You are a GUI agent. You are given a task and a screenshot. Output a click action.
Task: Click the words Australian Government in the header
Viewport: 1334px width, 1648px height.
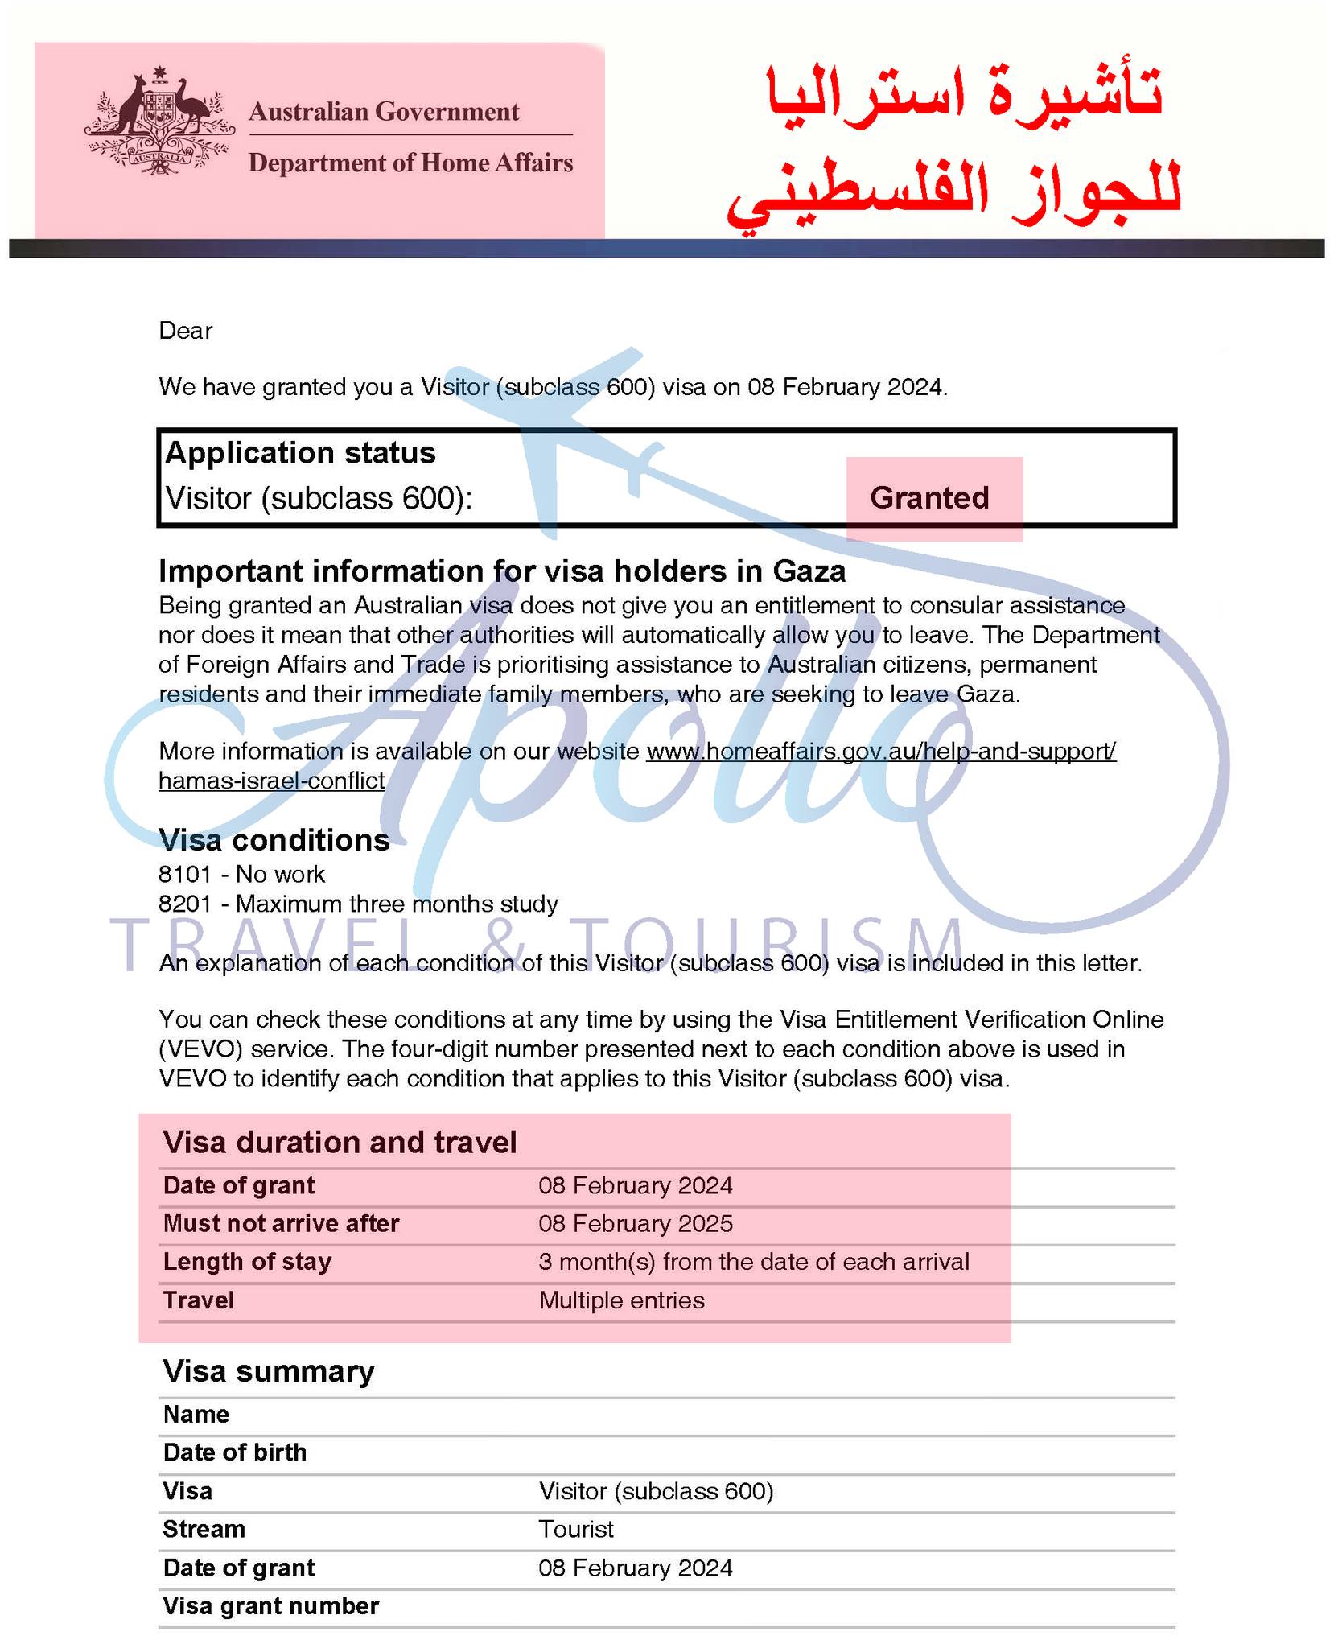click(x=384, y=111)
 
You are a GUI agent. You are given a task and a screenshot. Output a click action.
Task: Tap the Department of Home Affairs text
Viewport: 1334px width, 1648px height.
click(x=410, y=163)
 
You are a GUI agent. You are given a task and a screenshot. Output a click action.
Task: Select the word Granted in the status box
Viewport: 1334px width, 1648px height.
click(x=929, y=498)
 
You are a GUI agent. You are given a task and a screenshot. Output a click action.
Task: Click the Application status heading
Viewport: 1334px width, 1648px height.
click(x=300, y=453)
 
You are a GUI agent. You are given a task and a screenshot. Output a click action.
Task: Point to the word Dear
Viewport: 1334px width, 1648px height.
click(x=186, y=331)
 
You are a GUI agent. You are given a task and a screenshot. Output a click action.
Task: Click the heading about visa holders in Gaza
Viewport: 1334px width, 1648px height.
click(x=502, y=571)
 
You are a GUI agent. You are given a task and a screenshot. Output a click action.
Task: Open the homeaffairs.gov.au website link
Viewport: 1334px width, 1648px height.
click(x=880, y=752)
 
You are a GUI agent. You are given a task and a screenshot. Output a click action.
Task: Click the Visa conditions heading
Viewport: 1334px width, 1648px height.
click(x=274, y=840)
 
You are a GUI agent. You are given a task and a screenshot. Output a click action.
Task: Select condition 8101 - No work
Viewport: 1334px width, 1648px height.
click(x=242, y=875)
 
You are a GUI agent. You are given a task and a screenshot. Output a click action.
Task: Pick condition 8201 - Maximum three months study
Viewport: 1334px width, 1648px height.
click(x=358, y=904)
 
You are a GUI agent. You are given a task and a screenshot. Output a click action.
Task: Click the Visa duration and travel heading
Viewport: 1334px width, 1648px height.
click(x=340, y=1143)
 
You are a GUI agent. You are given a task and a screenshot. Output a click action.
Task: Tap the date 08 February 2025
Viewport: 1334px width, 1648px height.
click(x=636, y=1224)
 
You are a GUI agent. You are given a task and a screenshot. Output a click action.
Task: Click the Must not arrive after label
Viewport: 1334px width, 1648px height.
click(x=281, y=1224)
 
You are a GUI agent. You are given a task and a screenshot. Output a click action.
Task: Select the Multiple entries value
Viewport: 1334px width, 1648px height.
click(x=621, y=1300)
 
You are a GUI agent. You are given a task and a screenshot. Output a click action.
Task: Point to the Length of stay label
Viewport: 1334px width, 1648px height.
click(x=247, y=1262)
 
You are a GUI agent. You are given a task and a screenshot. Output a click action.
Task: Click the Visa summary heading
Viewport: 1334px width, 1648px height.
click(x=269, y=1371)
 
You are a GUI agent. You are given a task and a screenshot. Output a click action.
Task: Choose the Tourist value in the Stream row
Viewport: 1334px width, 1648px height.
click(x=576, y=1529)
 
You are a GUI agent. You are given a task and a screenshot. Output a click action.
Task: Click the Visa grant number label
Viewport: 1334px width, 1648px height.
click(x=270, y=1605)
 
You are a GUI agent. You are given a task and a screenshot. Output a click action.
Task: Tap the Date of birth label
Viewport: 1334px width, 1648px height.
click(x=235, y=1452)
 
